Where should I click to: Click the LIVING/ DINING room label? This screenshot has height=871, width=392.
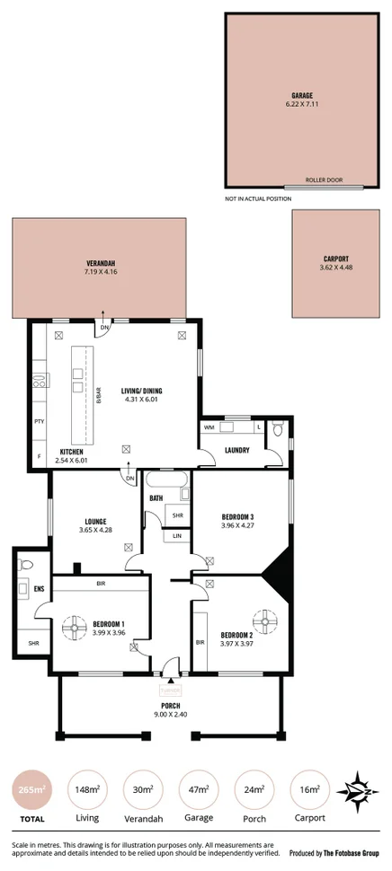pyautogui.click(x=146, y=391)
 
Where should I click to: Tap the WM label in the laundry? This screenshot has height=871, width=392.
pyautogui.click(x=209, y=428)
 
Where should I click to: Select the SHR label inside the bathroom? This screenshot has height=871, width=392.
pyautogui.click(x=177, y=515)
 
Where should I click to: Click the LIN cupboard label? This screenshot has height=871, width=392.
pyautogui.click(x=177, y=536)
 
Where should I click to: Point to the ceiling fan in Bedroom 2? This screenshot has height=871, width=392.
pyautogui.click(x=263, y=620)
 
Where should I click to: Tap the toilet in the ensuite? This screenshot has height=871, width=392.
pyautogui.click(x=25, y=565)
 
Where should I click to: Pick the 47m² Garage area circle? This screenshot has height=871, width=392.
pyautogui.click(x=200, y=789)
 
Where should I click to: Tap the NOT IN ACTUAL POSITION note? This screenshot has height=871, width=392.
pyautogui.click(x=260, y=198)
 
